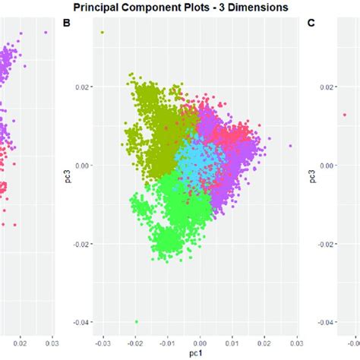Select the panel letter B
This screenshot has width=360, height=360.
pyautogui.click(x=67, y=24)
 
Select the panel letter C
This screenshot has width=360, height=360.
pyautogui.click(x=311, y=24)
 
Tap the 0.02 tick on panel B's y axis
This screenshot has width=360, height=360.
pyautogui.click(x=83, y=87)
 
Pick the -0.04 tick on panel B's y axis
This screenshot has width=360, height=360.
pyautogui.click(x=82, y=323)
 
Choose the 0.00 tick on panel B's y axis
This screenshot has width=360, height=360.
pyautogui.click(x=83, y=165)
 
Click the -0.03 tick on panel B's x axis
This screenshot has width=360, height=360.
pyautogui.click(x=103, y=344)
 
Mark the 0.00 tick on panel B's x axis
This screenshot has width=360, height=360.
pyautogui.click(x=200, y=344)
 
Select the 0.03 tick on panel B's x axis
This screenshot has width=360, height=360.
pyautogui.click(x=295, y=344)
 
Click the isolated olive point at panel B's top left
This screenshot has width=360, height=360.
pyautogui.click(x=103, y=32)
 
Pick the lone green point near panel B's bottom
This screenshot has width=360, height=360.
pyautogui.click(x=137, y=321)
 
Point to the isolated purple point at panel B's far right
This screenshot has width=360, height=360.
pyautogui.click(x=290, y=145)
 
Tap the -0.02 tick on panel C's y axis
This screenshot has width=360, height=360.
pyautogui.click(x=327, y=244)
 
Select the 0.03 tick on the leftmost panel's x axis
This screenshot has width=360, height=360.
pyautogui.click(x=51, y=344)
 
